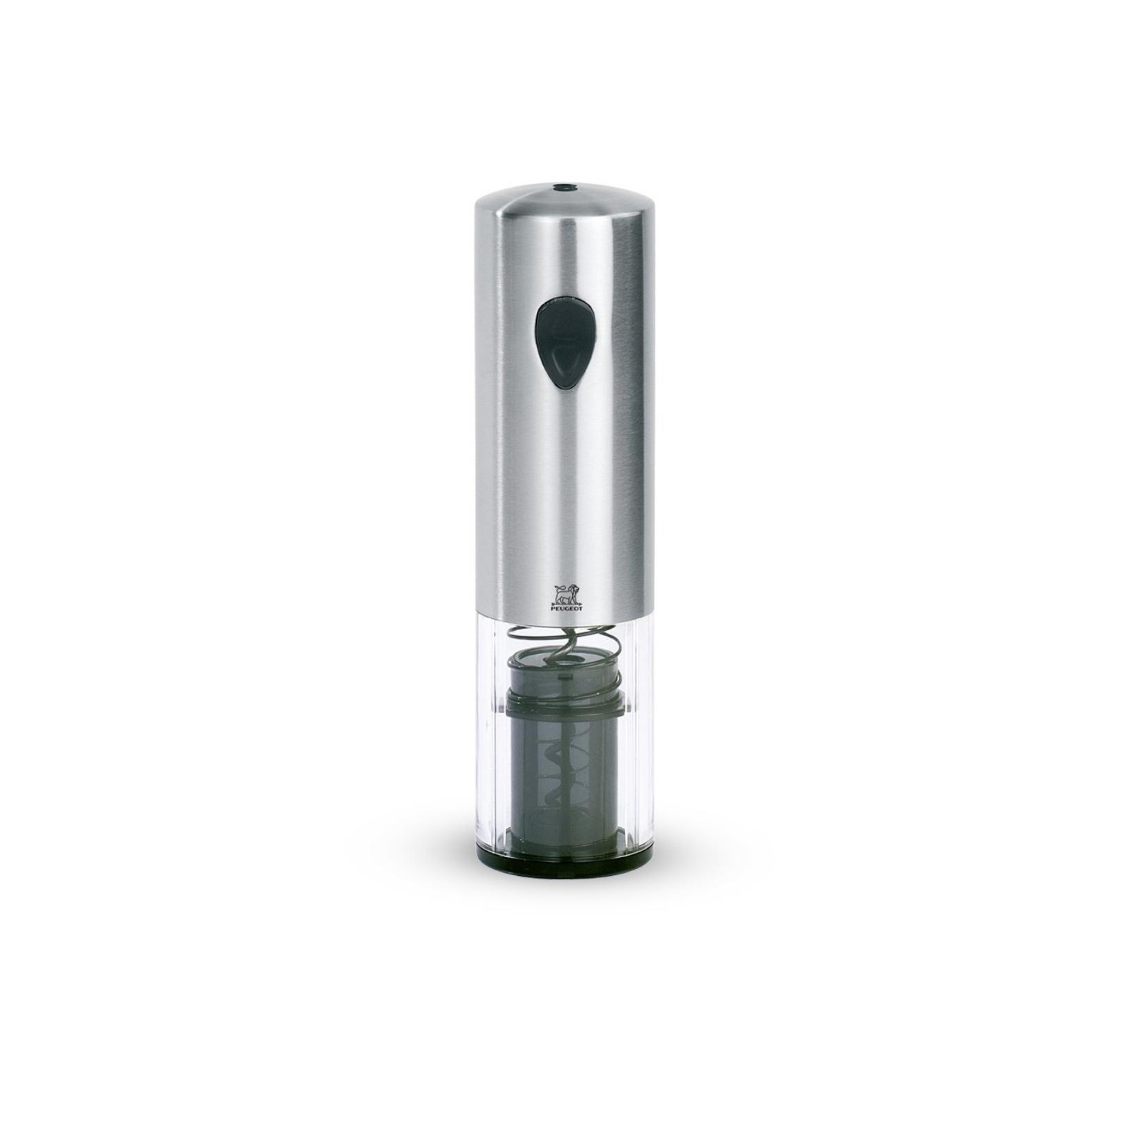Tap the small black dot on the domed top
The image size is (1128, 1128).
[x=559, y=187]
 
